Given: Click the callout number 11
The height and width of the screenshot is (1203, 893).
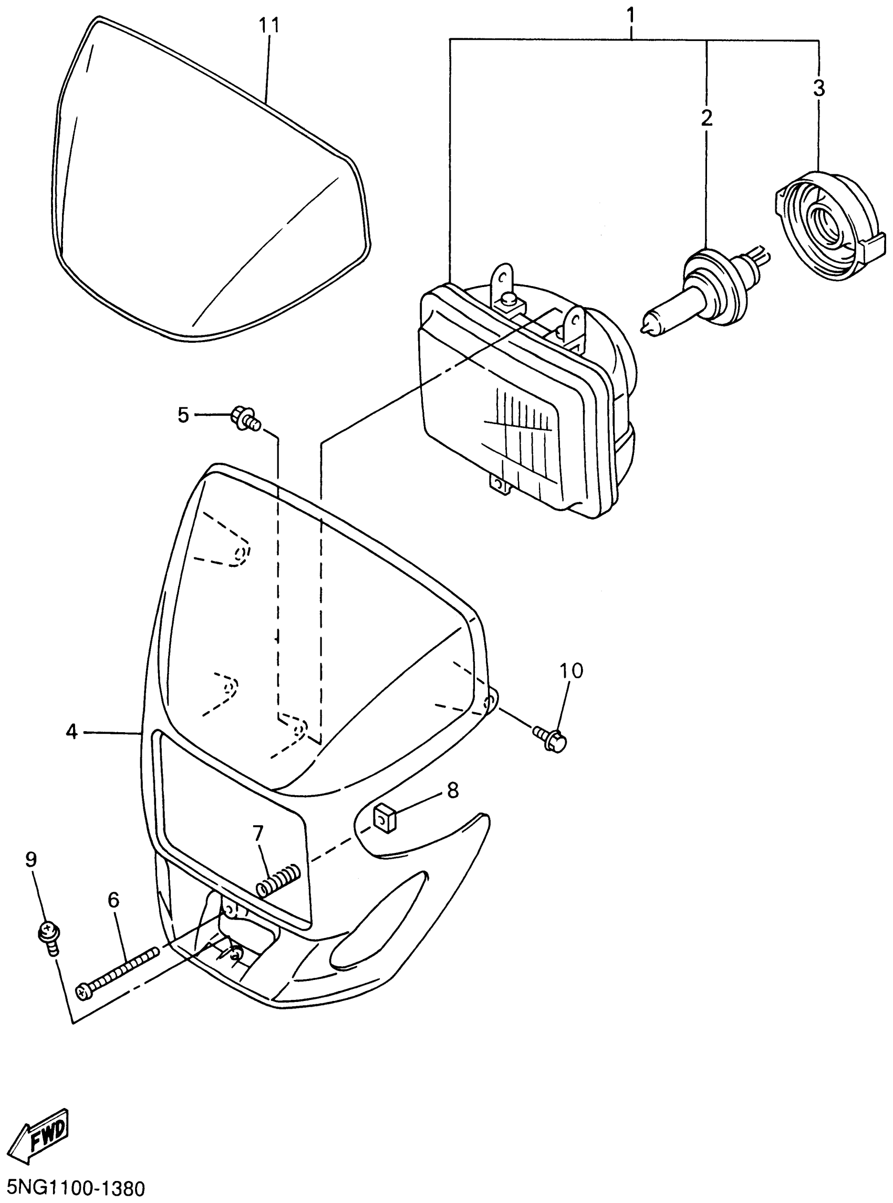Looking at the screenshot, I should pos(268,25).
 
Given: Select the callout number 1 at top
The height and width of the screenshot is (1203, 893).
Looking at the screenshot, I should pos(630,15).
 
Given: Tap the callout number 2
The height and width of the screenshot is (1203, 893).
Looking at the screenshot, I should pos(707,118).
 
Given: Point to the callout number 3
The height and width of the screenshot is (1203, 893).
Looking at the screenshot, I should pos(819,88).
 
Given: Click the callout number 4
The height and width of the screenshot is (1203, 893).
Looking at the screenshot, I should pos(72,732).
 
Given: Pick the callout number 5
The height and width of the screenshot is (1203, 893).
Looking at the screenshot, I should pos(183,415).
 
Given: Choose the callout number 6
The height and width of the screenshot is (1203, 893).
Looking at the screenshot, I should pos(113,900).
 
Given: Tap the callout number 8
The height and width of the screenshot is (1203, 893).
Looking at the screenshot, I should pos(452,790).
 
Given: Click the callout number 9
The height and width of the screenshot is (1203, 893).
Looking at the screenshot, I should pos(32,859).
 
